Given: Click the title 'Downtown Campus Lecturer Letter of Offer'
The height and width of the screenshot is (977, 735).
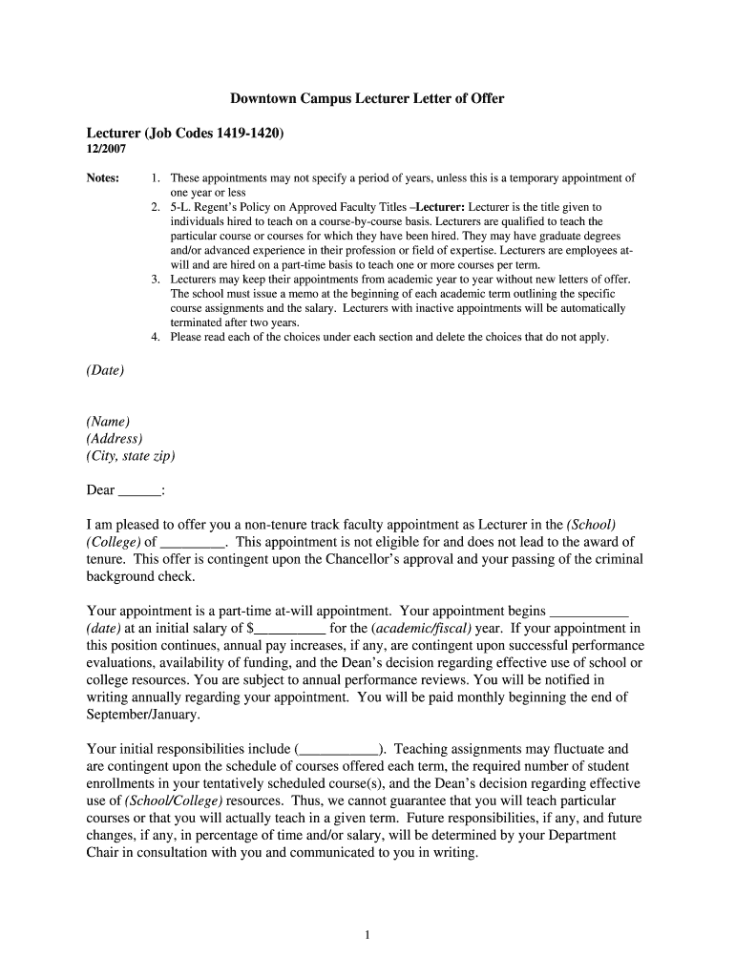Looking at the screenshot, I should pyautogui.click(x=367, y=98).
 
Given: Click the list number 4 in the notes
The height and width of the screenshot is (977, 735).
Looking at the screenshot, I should pyautogui.click(x=155, y=337).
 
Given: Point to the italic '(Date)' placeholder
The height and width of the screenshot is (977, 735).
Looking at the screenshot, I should pyautogui.click(x=105, y=370).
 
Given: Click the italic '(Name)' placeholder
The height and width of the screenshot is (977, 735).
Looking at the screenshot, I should pyautogui.click(x=108, y=422).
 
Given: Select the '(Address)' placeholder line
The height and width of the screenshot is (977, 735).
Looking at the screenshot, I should pyautogui.click(x=115, y=439).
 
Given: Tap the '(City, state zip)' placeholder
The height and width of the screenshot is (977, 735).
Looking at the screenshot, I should pyautogui.click(x=131, y=456).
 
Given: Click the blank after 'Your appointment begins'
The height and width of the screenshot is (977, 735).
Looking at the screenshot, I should pyautogui.click(x=590, y=612).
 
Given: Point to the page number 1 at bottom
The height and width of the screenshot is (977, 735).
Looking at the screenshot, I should pyautogui.click(x=367, y=935).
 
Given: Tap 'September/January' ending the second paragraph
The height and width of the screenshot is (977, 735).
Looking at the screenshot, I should pyautogui.click(x=142, y=715).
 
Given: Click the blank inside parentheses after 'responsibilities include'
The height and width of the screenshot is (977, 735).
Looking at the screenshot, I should pyautogui.click(x=340, y=750).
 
